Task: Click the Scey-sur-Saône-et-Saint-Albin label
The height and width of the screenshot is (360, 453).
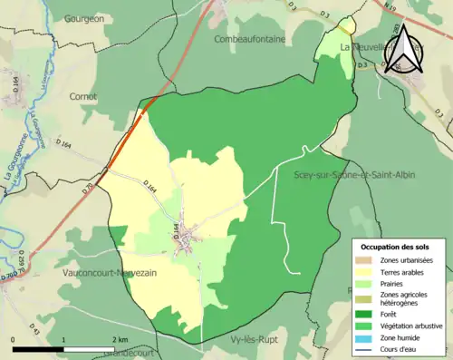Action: point(354,174)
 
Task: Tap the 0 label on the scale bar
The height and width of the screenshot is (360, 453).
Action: point(13,338)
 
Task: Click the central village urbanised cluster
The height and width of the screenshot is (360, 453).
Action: point(188,238)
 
